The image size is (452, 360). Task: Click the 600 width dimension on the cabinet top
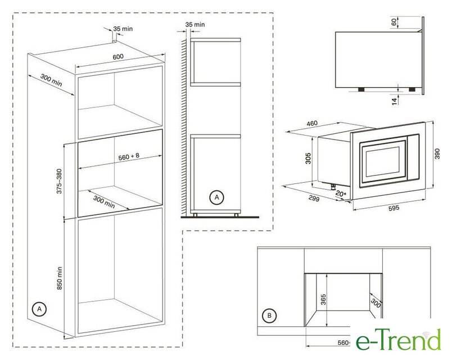pos(118,57)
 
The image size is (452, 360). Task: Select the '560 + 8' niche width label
pos(129,156)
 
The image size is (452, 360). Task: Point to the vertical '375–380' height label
pos(59,181)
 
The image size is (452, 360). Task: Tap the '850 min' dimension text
pos(60,278)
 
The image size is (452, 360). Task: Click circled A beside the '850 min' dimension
pos(39,309)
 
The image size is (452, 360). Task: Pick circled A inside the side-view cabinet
pos(216,197)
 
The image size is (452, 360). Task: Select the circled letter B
pos(269,316)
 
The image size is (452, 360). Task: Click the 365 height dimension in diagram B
pos(323,299)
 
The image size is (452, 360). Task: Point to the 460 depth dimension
pos(312,123)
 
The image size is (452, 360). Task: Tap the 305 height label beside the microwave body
pos(308,159)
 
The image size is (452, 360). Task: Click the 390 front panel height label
pos(437,154)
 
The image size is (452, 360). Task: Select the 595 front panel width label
pos(394,208)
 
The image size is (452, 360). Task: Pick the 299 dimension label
pos(314,198)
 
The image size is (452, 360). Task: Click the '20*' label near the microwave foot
pos(341,194)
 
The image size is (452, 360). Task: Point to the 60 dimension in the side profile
pos(394,22)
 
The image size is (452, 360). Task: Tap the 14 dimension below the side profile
pos(394,101)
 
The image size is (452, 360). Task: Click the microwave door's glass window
pos(383,162)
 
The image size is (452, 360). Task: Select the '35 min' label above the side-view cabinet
pos(195,25)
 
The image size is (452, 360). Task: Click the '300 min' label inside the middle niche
pos(104,201)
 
